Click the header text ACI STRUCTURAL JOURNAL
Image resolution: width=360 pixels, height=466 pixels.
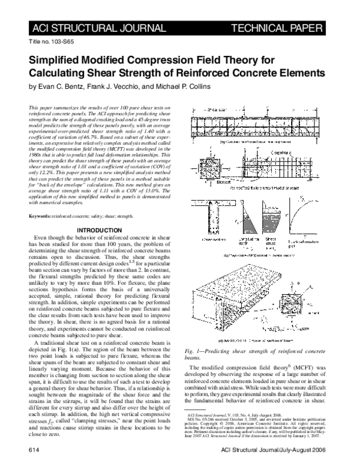(x=85, y=28)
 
